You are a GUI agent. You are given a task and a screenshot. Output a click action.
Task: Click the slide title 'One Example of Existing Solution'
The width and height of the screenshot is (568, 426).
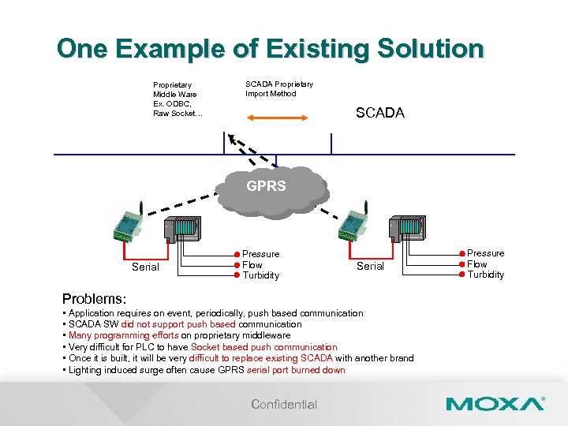point(270,49)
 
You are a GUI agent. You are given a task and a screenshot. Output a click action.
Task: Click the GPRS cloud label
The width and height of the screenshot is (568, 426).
point(266,187)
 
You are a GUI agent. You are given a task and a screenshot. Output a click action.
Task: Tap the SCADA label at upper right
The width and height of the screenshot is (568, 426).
point(379,113)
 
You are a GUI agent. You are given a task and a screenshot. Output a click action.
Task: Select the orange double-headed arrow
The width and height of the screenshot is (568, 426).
point(277,118)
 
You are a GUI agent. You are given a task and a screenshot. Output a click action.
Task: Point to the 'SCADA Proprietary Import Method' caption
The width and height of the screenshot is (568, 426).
point(278,88)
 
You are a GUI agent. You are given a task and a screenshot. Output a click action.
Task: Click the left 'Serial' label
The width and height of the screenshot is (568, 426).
point(145,267)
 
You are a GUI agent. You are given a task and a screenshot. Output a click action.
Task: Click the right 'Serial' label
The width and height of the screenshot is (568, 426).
point(370,266)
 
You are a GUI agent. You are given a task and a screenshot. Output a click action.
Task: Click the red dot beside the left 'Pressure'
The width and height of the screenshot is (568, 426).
point(236,254)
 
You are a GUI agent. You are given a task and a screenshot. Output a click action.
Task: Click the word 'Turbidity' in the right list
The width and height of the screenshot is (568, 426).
point(485,275)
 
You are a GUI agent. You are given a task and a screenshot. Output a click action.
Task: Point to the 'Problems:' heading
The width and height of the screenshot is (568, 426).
point(94,299)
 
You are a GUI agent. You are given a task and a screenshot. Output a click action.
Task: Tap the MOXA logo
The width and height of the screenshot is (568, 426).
point(495,404)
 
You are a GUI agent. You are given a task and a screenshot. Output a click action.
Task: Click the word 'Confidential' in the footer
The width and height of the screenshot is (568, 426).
point(284,404)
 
